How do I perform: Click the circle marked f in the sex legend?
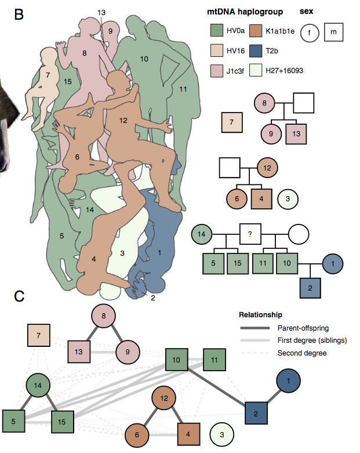[309, 32]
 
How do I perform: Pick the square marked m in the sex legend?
[333, 32]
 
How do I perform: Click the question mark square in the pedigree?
[250, 234]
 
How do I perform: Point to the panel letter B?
[19, 15]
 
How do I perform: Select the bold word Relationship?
[260, 315]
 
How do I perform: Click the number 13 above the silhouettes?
[101, 12]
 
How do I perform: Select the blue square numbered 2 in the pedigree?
[311, 288]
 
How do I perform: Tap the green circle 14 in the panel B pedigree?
[202, 234]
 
